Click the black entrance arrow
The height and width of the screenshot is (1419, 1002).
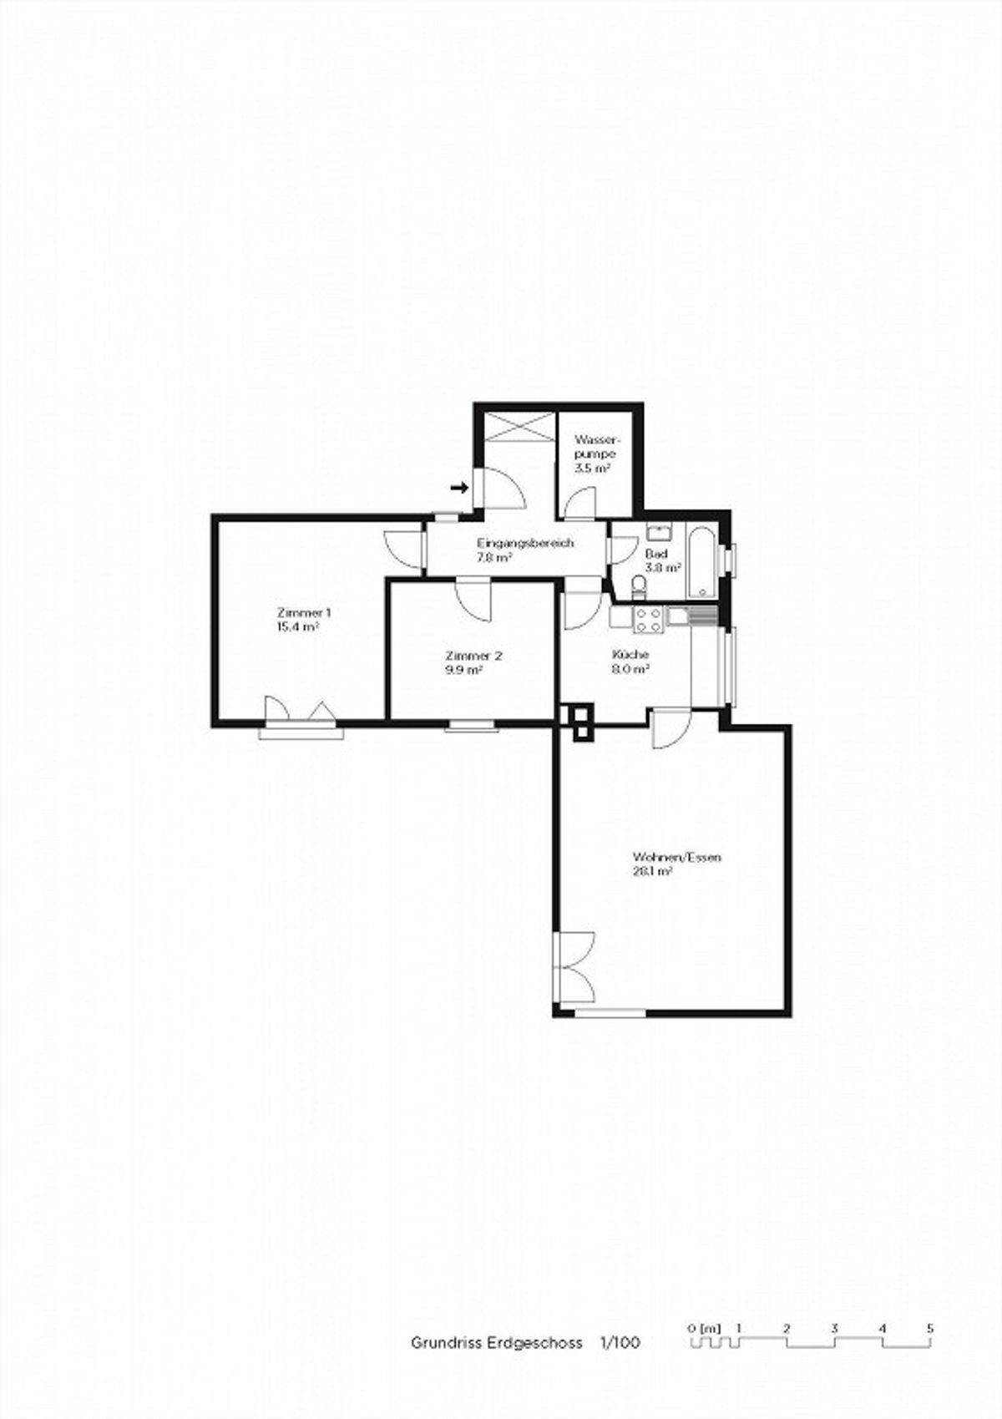(459, 487)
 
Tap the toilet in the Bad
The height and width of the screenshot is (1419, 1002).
(639, 585)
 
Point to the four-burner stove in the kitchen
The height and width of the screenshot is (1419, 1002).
(649, 619)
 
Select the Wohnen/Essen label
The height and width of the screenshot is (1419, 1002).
(676, 858)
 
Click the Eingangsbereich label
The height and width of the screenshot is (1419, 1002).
(525, 543)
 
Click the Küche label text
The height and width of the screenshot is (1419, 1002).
(630, 655)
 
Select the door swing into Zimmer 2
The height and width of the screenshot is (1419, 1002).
(473, 601)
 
